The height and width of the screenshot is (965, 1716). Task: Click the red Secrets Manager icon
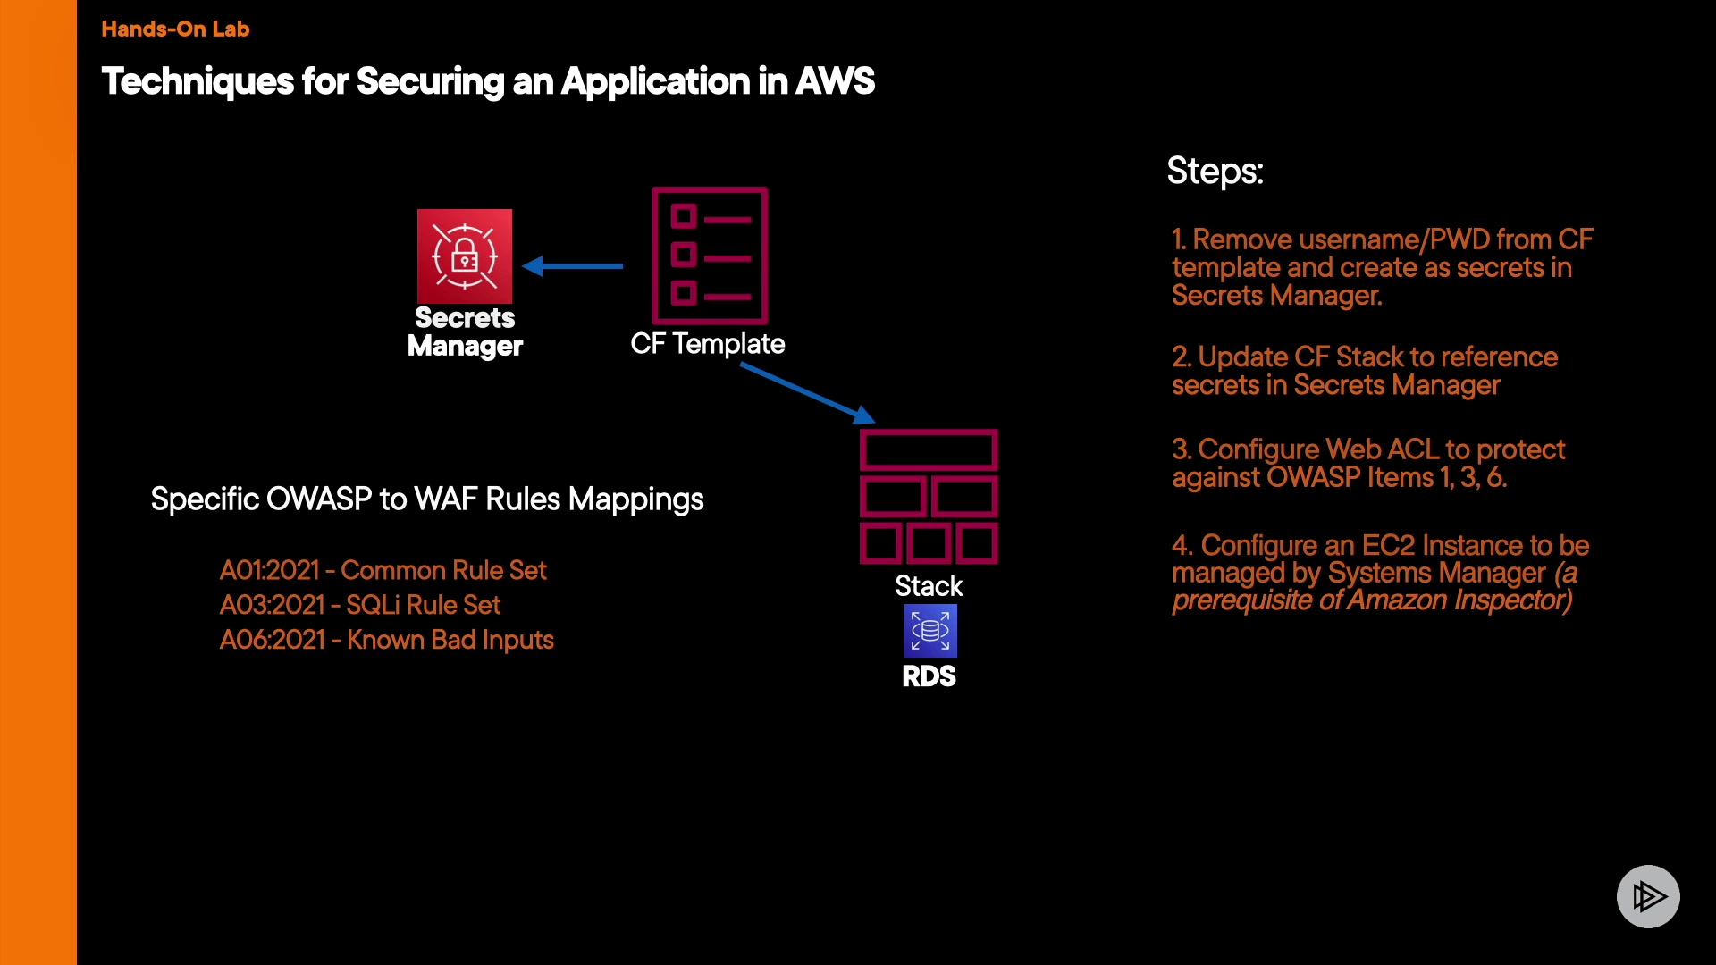click(465, 256)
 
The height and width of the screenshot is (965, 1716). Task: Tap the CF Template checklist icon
click(710, 256)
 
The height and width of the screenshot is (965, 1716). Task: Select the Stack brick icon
click(929, 497)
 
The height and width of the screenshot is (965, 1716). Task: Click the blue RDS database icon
click(929, 630)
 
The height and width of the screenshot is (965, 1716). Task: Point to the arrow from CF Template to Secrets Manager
click(573, 265)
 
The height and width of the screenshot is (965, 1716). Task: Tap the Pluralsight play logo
click(1648, 896)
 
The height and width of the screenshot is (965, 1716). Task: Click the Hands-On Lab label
click(175, 29)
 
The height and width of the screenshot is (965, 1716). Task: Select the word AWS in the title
click(835, 81)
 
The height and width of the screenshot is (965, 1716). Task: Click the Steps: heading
click(1215, 171)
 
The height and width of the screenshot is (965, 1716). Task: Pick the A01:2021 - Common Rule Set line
click(383, 570)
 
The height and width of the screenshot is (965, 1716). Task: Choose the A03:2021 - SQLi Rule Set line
click(360, 605)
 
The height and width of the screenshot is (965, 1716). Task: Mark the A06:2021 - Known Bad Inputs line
click(386, 640)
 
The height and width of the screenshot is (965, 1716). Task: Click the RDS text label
click(929, 676)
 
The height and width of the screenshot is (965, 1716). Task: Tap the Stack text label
click(929, 586)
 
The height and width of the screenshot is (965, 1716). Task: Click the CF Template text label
click(707, 344)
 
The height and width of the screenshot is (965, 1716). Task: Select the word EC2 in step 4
click(1388, 545)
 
